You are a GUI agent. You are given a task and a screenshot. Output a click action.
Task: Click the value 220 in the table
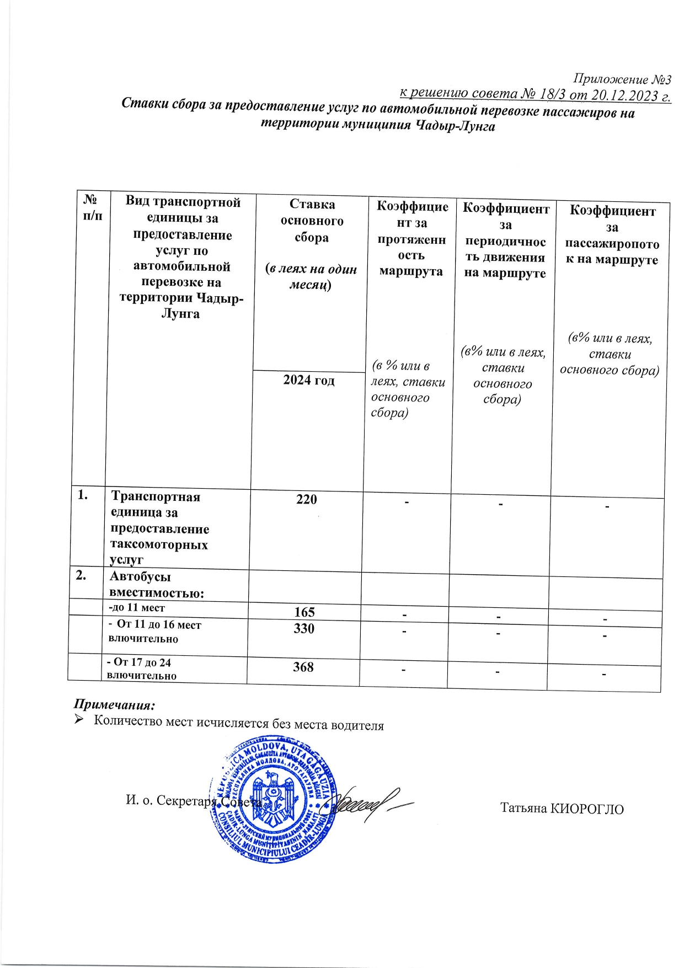coord(307,500)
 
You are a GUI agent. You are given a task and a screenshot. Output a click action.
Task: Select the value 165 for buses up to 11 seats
coord(304,612)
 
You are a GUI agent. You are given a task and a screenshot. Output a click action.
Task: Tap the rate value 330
coord(304,629)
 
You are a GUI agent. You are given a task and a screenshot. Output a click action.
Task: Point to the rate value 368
coord(303,667)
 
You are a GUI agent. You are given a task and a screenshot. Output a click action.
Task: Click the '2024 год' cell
coord(309,380)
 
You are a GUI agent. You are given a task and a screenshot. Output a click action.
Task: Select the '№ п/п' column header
coord(93,207)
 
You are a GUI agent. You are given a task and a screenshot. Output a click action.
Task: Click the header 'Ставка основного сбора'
coord(312,221)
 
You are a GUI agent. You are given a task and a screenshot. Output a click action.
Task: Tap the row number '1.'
coord(83,495)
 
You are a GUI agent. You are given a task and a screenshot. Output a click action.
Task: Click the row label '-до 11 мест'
coord(137,608)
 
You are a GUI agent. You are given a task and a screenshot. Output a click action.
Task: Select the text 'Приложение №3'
coord(622,79)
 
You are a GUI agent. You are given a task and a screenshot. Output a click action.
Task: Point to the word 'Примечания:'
coord(115,705)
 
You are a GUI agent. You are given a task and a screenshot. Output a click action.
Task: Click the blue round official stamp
coord(273,800)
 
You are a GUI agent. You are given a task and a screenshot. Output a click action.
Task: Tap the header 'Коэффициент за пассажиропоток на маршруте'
coord(612,236)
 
